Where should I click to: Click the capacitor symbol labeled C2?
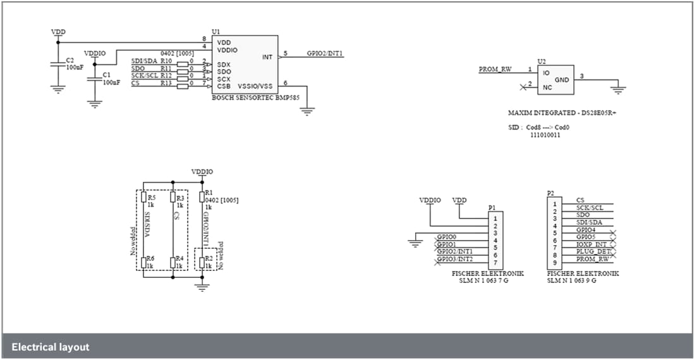[x=58, y=63]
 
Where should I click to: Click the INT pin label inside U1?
[x=267, y=57]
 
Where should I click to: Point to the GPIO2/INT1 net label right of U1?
[x=325, y=54]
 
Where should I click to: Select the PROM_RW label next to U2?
[x=495, y=69]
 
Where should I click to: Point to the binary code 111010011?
[x=544, y=135]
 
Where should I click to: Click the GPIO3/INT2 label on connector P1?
[x=454, y=260]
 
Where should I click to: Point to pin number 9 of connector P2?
[x=554, y=262]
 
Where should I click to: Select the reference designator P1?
[x=492, y=207]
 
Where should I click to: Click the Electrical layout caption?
[x=51, y=347]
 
